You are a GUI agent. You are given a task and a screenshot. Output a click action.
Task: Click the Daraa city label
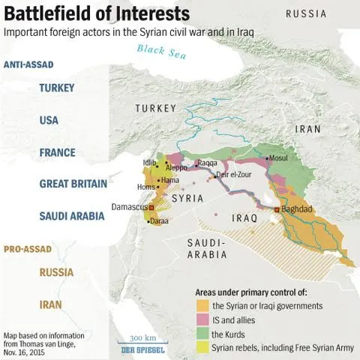(x=158, y=221)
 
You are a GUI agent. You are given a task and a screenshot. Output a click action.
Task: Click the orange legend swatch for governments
(x=202, y=305)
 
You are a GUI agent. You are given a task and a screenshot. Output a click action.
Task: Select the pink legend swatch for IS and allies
(x=202, y=319)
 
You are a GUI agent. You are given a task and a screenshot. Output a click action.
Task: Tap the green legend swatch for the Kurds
(x=202, y=333)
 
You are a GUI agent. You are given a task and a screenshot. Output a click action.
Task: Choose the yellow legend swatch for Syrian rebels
(x=202, y=347)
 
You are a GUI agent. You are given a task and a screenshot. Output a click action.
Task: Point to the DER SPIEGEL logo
(x=142, y=350)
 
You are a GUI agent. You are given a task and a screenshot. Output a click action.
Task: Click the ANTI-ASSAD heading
(x=28, y=65)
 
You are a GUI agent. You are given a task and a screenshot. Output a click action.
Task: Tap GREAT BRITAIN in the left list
(x=72, y=184)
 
